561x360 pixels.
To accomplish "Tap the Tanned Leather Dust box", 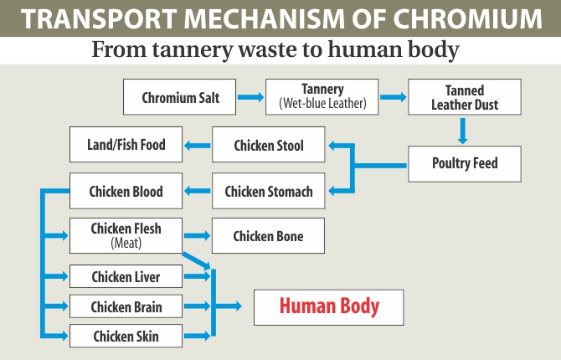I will click(465, 97).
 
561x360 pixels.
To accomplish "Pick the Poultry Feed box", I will click(465, 163).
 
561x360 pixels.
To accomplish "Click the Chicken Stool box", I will click(268, 146).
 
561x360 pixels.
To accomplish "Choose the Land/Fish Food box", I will click(126, 145).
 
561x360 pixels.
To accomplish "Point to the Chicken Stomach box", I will click(268, 192).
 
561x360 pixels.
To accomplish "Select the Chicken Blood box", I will click(126, 192).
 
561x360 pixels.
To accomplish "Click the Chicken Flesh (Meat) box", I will click(126, 235).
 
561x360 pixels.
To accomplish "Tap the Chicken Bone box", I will click(268, 236).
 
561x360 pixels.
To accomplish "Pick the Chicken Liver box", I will click(126, 276).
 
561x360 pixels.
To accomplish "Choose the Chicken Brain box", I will click(126, 306).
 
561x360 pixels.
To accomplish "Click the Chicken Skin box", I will click(126, 337).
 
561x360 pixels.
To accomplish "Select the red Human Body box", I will click(329, 306).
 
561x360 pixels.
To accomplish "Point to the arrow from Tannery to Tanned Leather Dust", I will click(391, 97).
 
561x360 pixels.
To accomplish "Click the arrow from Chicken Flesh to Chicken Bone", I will click(197, 236).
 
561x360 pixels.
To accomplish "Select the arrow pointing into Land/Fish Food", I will click(197, 146).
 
